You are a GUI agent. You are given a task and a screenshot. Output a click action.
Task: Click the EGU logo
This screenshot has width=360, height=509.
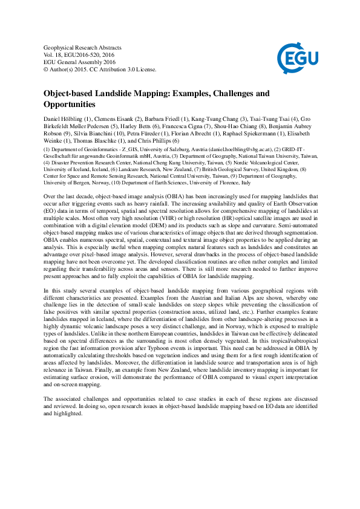click(296, 58)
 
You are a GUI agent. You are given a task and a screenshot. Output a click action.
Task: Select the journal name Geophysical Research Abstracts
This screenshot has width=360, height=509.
click(83, 47)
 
